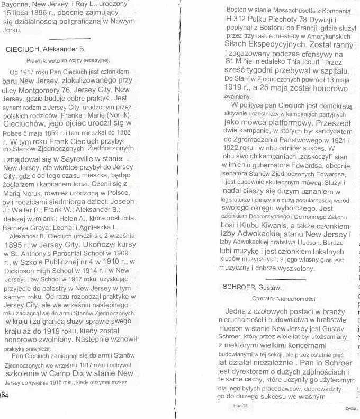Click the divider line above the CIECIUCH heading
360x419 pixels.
pyautogui.click(x=66, y=38)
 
